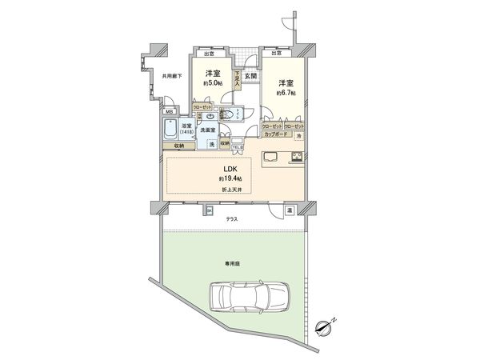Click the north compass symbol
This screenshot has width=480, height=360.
[323, 326]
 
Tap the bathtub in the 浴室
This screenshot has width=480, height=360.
[170, 130]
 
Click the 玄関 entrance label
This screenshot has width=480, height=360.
[250, 75]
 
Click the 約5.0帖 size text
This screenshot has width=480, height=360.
[212, 82]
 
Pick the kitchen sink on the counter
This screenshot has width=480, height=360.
[270, 156]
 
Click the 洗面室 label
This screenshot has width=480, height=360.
[210, 130]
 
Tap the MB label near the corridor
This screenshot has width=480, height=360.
[169, 113]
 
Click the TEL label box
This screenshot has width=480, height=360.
[237, 146]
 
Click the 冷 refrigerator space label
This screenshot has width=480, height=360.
[298, 137]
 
